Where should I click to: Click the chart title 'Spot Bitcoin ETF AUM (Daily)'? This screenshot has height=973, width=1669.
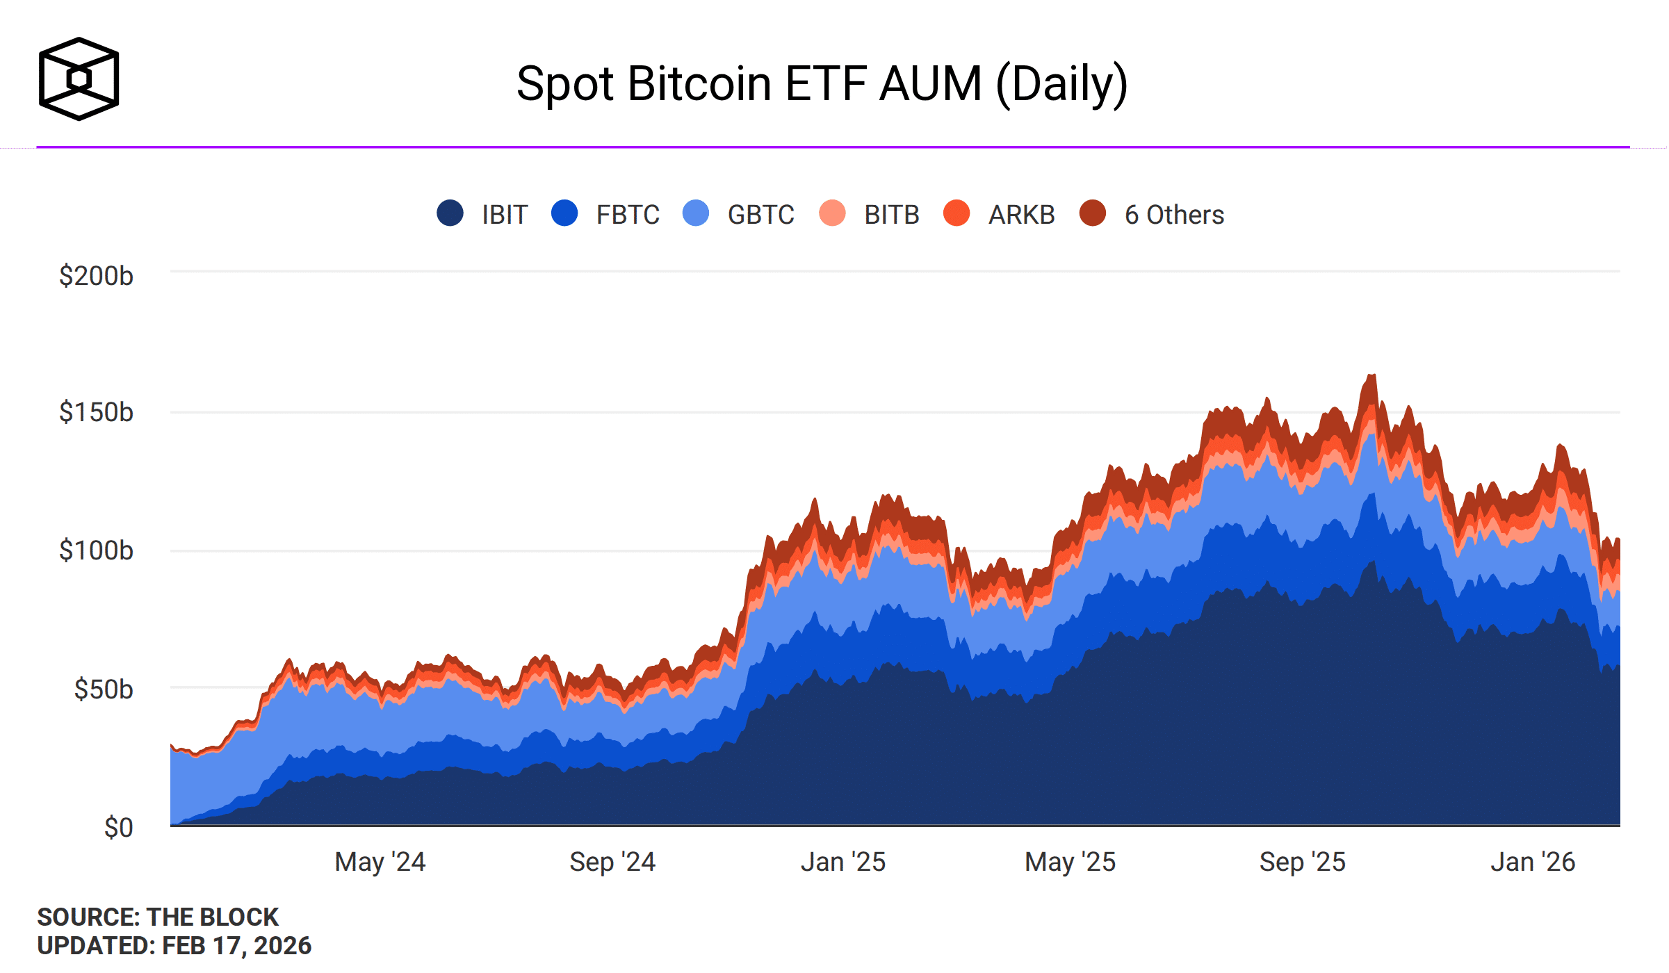pyautogui.click(x=822, y=85)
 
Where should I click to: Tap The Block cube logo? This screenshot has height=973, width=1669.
pyautogui.click(x=79, y=79)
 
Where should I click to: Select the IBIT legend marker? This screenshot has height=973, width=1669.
pyautogui.click(x=450, y=213)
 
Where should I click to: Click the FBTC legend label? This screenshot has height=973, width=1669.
pyautogui.click(x=627, y=215)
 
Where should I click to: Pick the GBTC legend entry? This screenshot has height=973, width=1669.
pyautogui.click(x=760, y=215)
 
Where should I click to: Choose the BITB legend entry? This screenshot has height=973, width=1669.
pyautogui.click(x=891, y=215)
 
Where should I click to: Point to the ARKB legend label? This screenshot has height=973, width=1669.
pyautogui.click(x=1021, y=215)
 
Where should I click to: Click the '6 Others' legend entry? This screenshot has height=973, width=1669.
pyautogui.click(x=1174, y=215)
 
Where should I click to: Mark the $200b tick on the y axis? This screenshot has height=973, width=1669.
pyautogui.click(x=96, y=276)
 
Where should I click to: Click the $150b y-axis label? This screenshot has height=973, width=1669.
pyautogui.click(x=96, y=412)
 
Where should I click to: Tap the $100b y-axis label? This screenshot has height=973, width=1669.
pyautogui.click(x=96, y=550)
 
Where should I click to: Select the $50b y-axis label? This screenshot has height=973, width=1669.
pyautogui.click(x=104, y=689)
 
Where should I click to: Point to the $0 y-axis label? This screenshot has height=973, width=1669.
pyautogui.click(x=118, y=828)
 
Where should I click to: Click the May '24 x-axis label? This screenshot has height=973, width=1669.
pyautogui.click(x=380, y=862)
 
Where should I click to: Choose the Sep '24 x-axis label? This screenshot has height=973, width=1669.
pyautogui.click(x=612, y=862)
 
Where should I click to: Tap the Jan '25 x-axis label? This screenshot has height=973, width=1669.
pyautogui.click(x=842, y=862)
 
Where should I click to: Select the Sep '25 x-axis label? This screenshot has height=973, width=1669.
pyautogui.click(x=1302, y=862)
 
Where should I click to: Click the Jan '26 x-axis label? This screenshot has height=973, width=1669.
pyautogui.click(x=1533, y=862)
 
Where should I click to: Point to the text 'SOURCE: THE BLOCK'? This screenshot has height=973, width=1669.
pyautogui.click(x=158, y=917)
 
